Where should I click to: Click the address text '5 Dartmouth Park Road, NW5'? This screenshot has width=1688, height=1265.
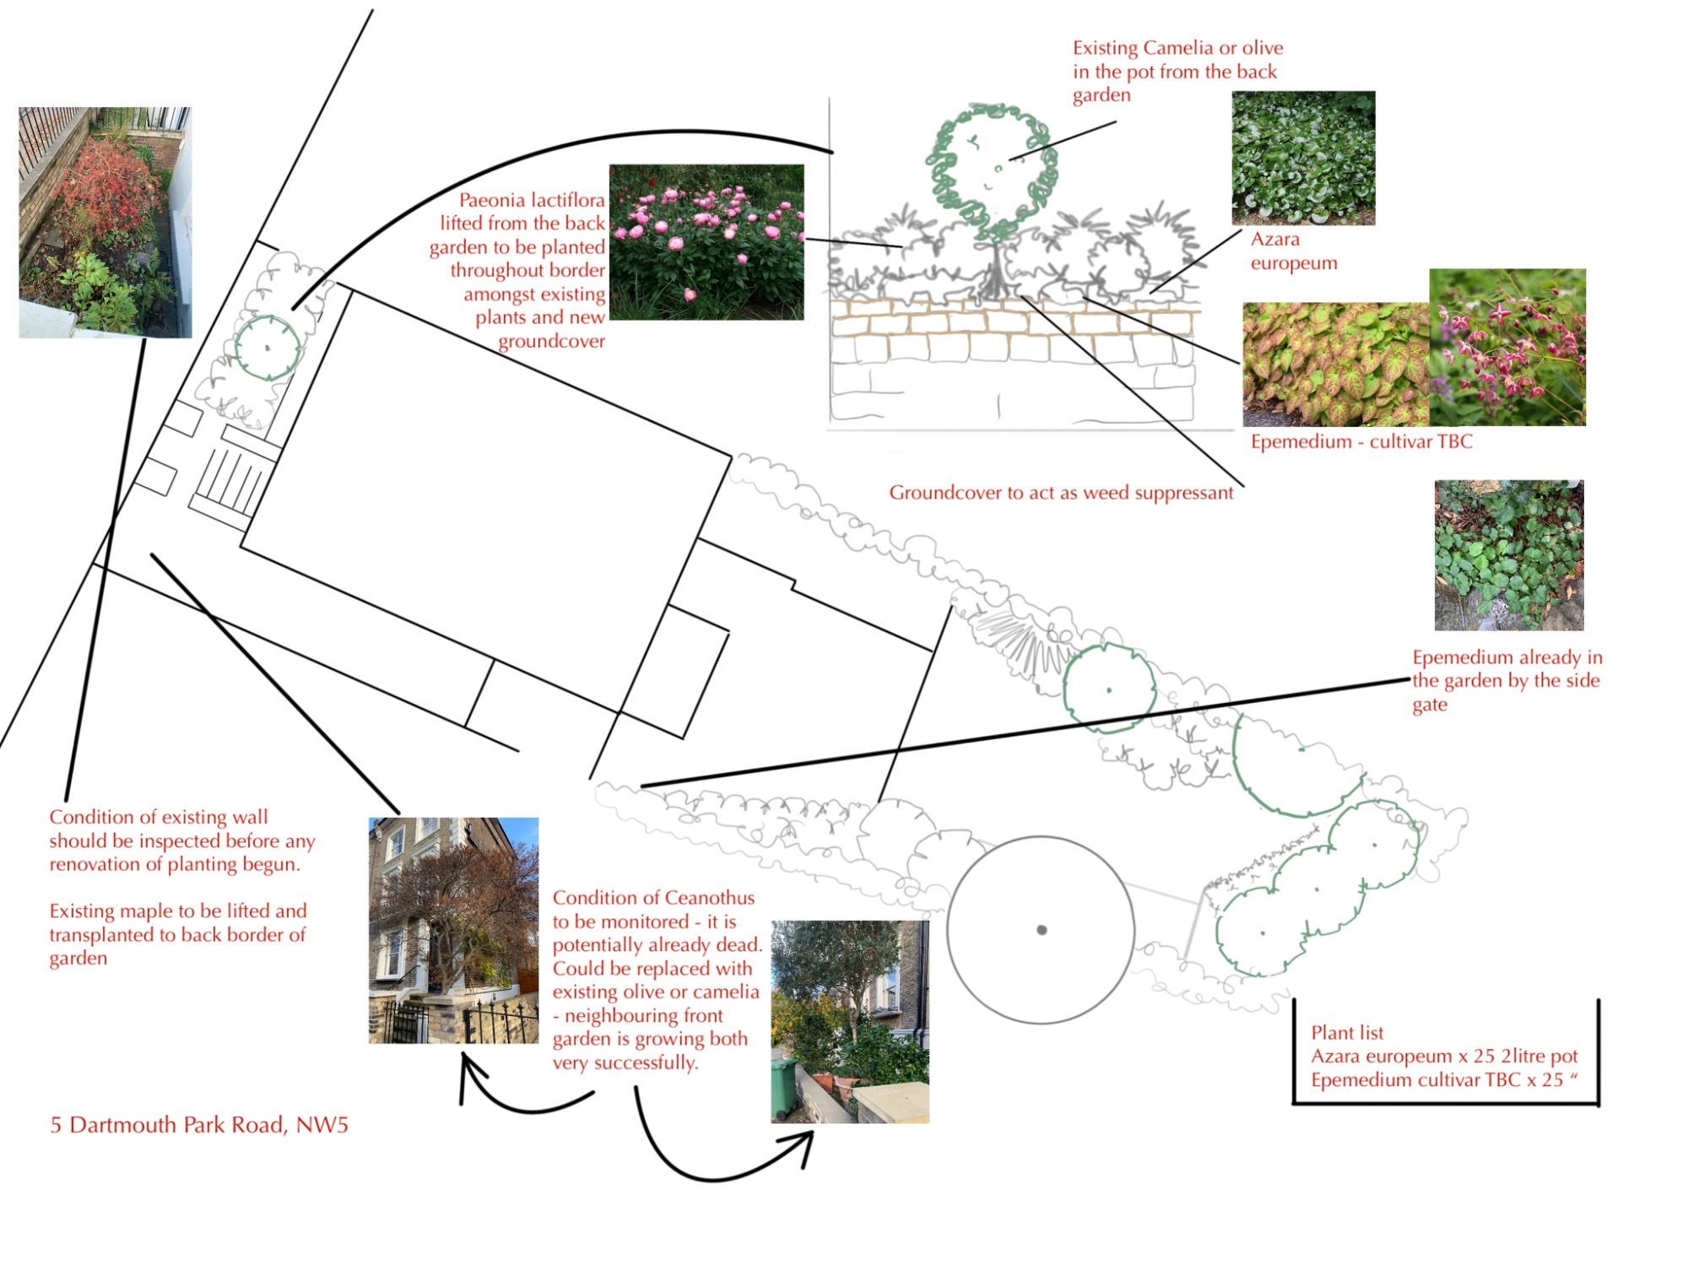click(x=199, y=1125)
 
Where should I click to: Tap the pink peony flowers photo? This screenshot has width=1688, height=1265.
click(x=706, y=242)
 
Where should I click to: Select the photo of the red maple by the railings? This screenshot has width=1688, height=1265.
click(x=105, y=223)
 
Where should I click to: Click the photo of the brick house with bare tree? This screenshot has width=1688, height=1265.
click(x=454, y=931)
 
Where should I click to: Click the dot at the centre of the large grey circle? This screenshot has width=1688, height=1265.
click(x=1041, y=930)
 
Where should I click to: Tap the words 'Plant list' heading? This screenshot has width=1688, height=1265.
click(x=1347, y=1033)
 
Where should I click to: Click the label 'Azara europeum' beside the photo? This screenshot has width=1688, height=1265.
click(x=1294, y=251)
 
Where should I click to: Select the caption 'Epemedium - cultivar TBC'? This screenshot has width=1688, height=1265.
click(x=1361, y=441)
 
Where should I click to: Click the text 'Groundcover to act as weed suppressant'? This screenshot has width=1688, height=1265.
click(x=1061, y=493)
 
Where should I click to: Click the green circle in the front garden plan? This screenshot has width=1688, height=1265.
click(x=268, y=348)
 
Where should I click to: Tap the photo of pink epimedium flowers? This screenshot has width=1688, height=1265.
click(x=1507, y=348)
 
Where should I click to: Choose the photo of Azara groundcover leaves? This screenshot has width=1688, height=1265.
click(x=1303, y=158)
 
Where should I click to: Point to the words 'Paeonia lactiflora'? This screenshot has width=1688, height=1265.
click(x=532, y=200)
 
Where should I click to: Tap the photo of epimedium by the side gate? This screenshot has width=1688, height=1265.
click(x=1509, y=555)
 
